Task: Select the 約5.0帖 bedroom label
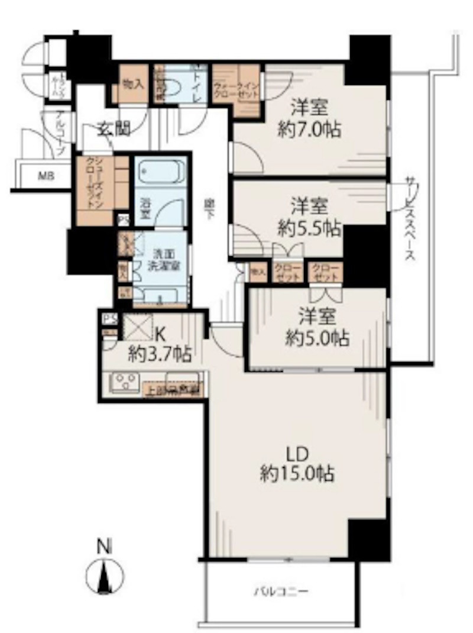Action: tap(317, 338)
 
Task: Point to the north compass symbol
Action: tap(105, 574)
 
